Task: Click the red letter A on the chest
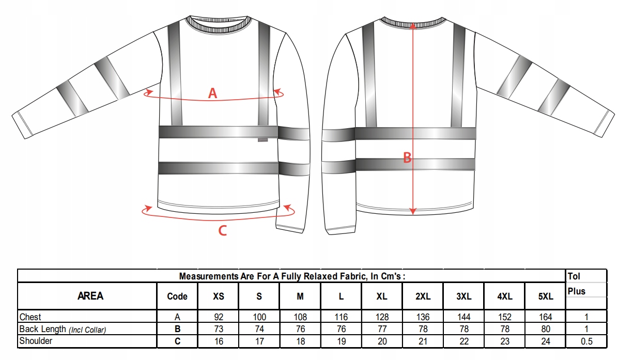[x=212, y=93]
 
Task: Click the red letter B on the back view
[x=407, y=158]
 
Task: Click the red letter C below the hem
[x=223, y=230]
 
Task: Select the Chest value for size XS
[x=219, y=317]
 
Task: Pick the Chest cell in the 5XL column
[x=546, y=317]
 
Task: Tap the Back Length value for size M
[x=300, y=329]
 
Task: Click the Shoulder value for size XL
[x=382, y=341]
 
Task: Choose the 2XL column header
[x=423, y=296]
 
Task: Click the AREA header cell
[x=90, y=296]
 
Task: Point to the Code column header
[x=177, y=296]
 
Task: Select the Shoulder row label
[x=36, y=341]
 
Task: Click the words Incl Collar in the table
[x=87, y=330]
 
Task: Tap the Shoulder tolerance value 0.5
[x=586, y=341]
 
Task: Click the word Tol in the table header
[x=574, y=276]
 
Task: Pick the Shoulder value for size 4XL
[x=505, y=341]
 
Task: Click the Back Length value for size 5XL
[x=546, y=329]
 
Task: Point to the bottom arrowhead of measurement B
[x=412, y=211]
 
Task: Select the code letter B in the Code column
[x=177, y=329]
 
